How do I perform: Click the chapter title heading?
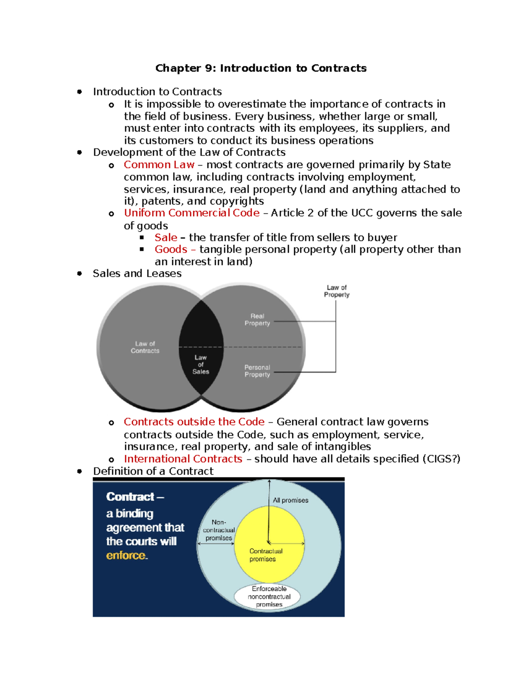[x=261, y=68]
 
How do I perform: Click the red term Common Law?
[x=159, y=165]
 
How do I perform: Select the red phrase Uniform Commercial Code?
[x=192, y=213]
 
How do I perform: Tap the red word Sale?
[x=166, y=237]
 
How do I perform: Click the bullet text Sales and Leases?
[x=137, y=274]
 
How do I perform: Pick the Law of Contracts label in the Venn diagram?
[x=145, y=347]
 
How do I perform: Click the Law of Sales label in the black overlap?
[x=201, y=364]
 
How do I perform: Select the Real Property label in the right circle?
[x=257, y=320]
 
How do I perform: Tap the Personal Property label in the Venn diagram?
[x=257, y=371]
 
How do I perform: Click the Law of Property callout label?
[x=337, y=291]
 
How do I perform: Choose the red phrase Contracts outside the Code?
[x=194, y=422]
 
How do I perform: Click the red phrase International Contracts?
[x=183, y=459]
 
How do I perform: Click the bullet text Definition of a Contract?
[x=153, y=471]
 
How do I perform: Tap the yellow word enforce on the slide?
[x=126, y=556]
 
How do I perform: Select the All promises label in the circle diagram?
[x=291, y=500]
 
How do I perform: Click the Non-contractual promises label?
[x=219, y=530]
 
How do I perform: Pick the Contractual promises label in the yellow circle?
[x=266, y=555]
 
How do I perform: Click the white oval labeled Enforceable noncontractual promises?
[x=269, y=597]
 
